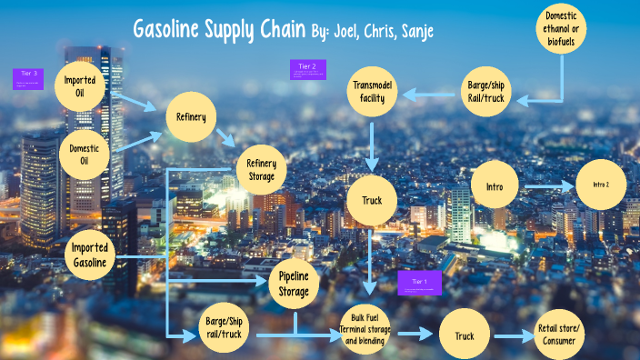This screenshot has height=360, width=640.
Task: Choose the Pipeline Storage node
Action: pyautogui.click(x=295, y=285)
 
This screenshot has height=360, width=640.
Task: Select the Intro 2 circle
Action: pyautogui.click(x=602, y=185)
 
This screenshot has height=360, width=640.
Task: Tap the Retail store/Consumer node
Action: pyautogui.click(x=560, y=335)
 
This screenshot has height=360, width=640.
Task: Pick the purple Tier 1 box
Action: pyautogui.click(x=419, y=283)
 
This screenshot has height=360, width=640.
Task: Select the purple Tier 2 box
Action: pyautogui.click(x=308, y=69)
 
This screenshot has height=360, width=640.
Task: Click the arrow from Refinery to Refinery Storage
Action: pyautogui.click(x=225, y=137)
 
